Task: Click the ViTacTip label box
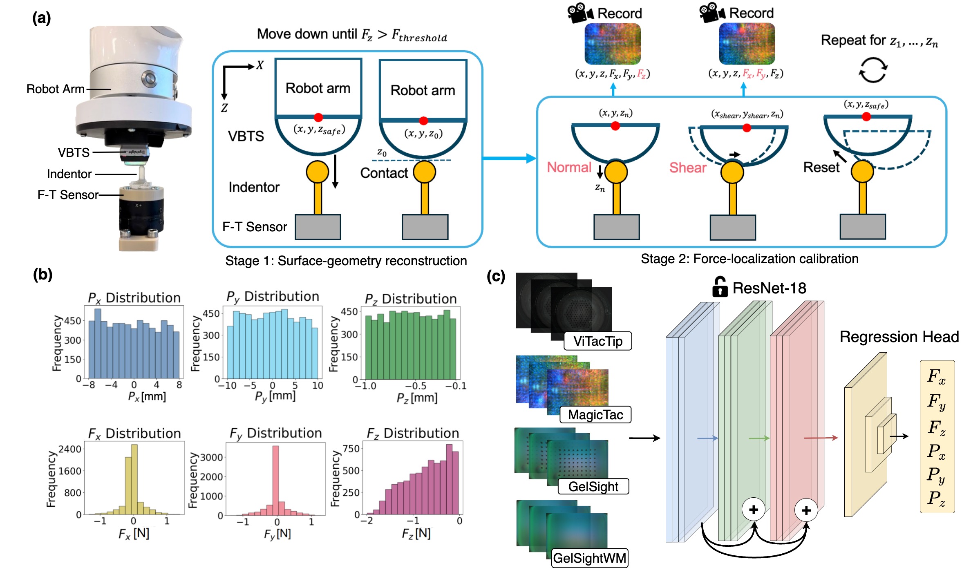point(597,341)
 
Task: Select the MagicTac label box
point(595,415)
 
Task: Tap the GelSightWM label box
point(589,558)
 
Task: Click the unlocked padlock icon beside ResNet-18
point(720,287)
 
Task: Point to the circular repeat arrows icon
point(873,70)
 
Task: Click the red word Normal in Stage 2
point(569,168)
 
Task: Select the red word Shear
point(688,168)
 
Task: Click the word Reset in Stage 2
point(821,168)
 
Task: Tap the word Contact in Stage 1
point(384,173)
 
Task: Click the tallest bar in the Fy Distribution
point(275,480)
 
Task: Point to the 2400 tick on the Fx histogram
point(70,449)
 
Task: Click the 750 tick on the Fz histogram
point(351,449)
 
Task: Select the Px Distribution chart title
point(134,298)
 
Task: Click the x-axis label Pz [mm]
point(417,398)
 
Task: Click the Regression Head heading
point(899,337)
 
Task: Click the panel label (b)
point(43,274)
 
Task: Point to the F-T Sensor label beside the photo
point(68,195)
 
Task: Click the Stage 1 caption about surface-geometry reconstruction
point(346,261)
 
